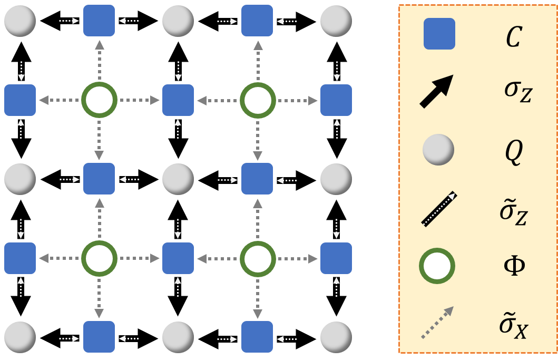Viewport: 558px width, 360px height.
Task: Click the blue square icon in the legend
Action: [x=439, y=34]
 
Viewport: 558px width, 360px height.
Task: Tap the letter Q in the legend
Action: [x=514, y=151]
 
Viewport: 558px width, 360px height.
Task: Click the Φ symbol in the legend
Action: [x=514, y=266]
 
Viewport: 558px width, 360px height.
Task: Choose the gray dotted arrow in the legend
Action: [x=437, y=322]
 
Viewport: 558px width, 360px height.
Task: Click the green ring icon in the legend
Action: [x=437, y=267]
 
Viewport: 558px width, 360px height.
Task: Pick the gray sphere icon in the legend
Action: [x=438, y=150]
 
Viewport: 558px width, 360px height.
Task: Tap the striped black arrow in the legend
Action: [x=439, y=209]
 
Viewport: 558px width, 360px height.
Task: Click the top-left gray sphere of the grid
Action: [x=20, y=21]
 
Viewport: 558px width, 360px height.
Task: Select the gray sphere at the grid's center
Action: [x=178, y=179]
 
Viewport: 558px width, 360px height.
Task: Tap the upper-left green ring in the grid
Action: [x=99, y=100]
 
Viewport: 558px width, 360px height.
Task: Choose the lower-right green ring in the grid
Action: [x=258, y=258]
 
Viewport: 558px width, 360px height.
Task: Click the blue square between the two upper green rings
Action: [x=178, y=100]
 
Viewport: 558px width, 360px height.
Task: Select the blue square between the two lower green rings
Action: [x=178, y=258]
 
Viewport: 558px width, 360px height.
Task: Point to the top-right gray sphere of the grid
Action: [x=336, y=21]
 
